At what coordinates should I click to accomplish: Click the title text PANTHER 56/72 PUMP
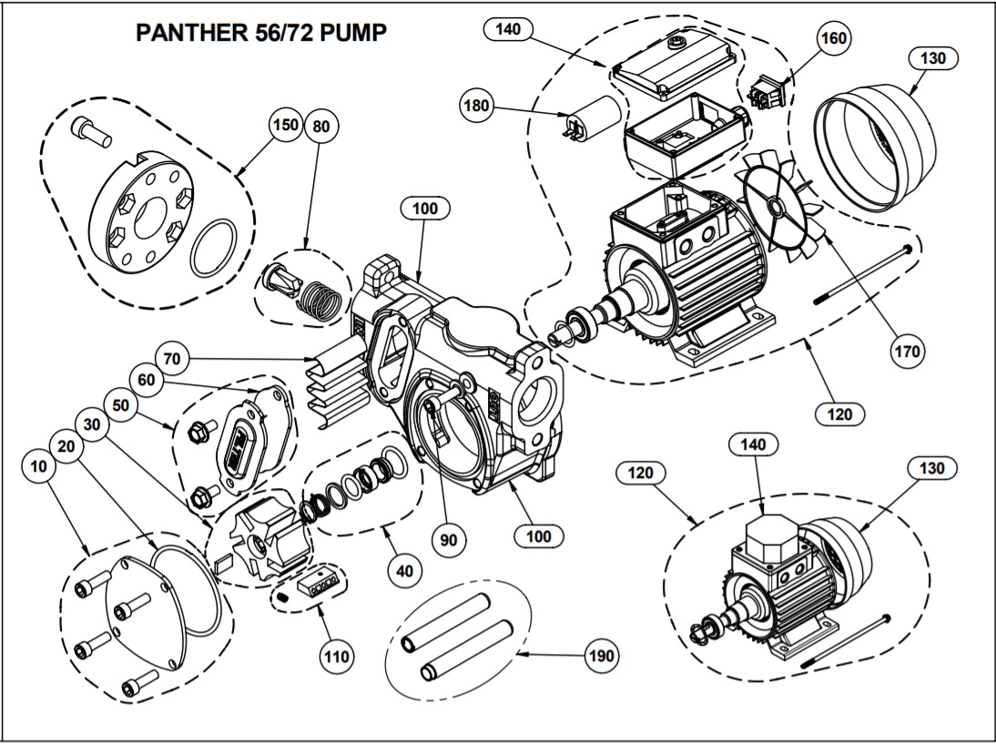point(261,33)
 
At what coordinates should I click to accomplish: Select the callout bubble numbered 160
point(834,38)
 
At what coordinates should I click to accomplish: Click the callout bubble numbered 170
point(908,350)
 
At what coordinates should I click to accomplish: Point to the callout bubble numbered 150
point(287,126)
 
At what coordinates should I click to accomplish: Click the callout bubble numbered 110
point(337,654)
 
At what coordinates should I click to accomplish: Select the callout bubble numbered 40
point(403,571)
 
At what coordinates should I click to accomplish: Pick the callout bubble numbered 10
point(37,466)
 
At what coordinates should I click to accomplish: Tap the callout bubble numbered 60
point(144,378)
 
